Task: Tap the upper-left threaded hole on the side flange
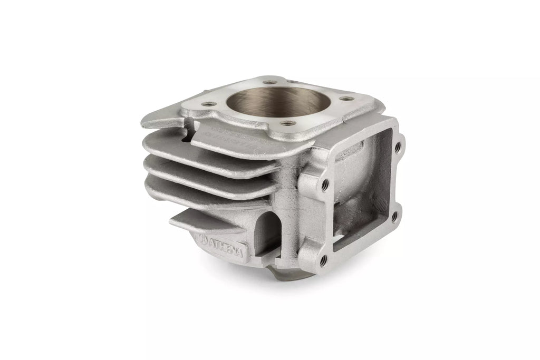(x=324, y=184)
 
